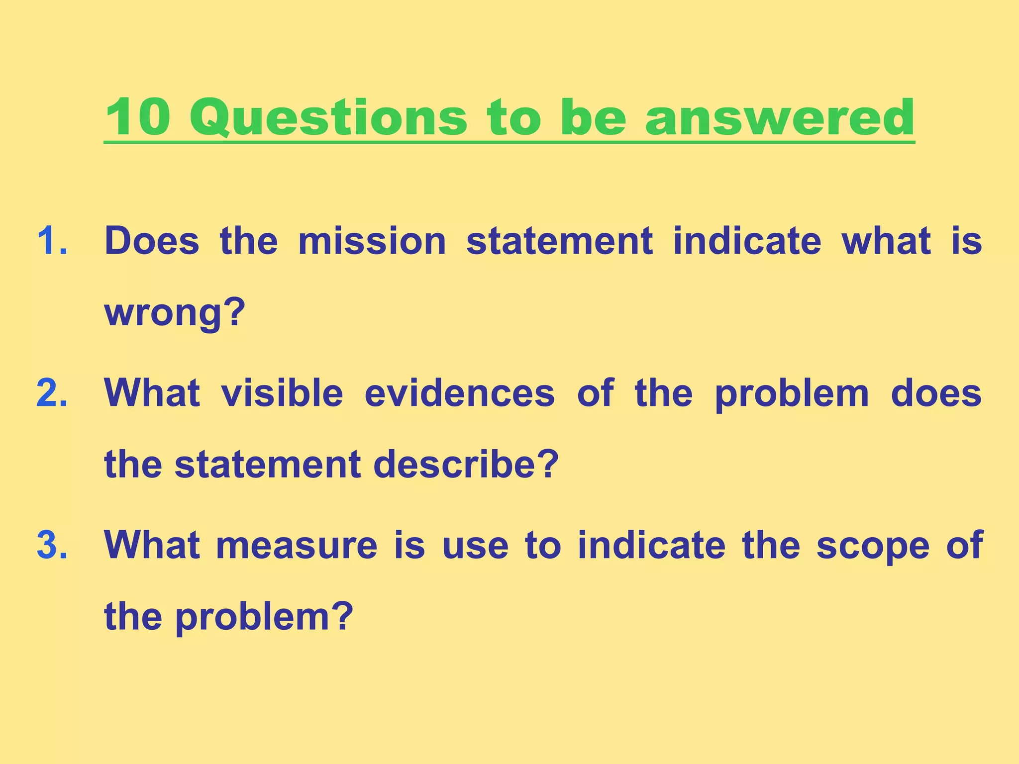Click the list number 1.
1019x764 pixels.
[x=52, y=241]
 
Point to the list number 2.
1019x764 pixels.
[x=52, y=393]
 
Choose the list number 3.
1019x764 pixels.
[x=52, y=546]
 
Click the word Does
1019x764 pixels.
[x=152, y=241]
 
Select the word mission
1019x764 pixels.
[x=372, y=241]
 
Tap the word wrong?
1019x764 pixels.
[x=175, y=313]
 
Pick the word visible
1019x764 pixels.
[x=282, y=393]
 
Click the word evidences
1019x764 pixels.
[x=459, y=393]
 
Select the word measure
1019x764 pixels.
[x=297, y=546]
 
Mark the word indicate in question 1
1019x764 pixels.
[x=747, y=241]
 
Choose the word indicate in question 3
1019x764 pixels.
[x=651, y=546]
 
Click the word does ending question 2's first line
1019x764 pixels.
[x=936, y=393]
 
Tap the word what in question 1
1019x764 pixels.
[x=886, y=241]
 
